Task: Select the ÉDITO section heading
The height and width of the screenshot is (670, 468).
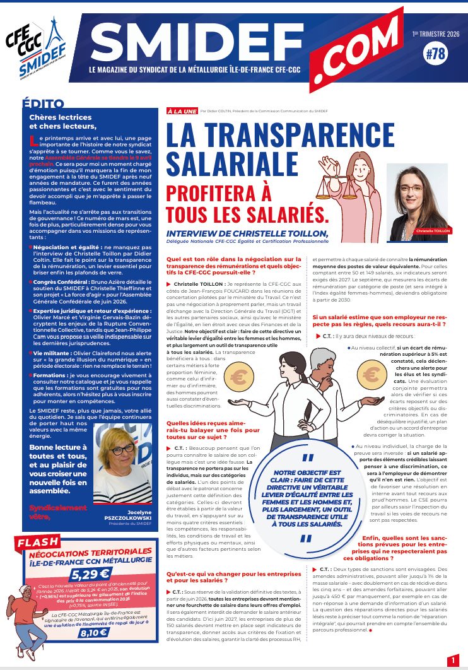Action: (x=43, y=104)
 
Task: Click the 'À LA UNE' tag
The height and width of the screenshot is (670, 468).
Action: (x=182, y=110)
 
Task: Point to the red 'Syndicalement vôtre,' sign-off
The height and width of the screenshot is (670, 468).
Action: (x=58, y=512)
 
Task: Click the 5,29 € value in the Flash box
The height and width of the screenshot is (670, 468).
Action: (x=90, y=574)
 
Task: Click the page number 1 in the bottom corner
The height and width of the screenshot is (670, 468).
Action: (x=453, y=660)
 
